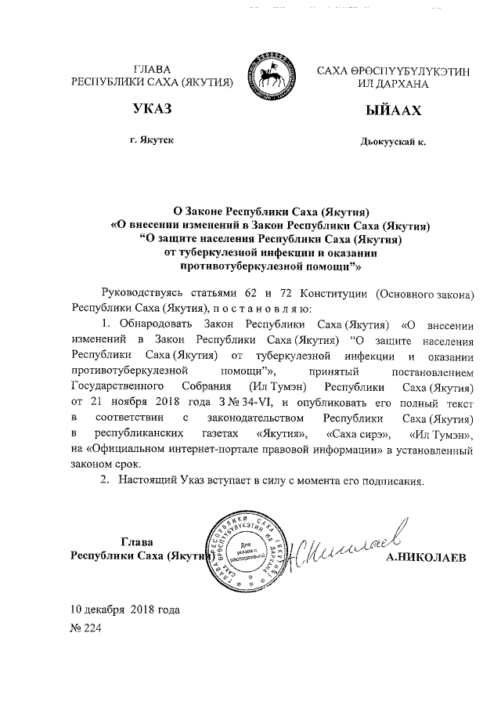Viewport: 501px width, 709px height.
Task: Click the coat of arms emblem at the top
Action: [x=269, y=77]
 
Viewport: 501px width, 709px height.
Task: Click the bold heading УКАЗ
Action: [x=152, y=109]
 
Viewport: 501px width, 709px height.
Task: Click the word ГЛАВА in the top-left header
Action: [x=153, y=70]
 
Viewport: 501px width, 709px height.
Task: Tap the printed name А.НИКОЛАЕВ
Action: [x=424, y=557]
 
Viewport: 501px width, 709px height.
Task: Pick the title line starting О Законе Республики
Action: [x=270, y=211]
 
